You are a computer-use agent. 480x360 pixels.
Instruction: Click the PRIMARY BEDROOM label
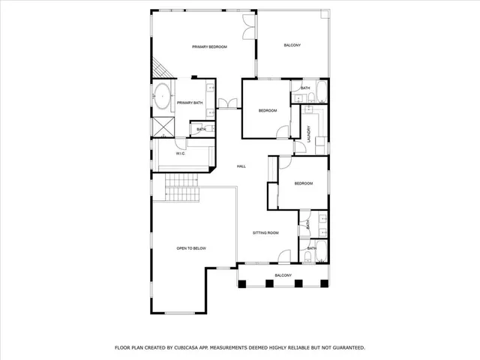pyautogui.click(x=209, y=46)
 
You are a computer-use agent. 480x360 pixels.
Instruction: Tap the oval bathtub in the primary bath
pyautogui.click(x=161, y=95)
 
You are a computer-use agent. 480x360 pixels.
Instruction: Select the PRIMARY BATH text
pyautogui.click(x=190, y=103)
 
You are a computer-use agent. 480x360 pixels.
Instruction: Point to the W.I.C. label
pyautogui.click(x=181, y=154)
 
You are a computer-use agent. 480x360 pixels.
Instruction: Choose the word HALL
pyautogui.click(x=241, y=166)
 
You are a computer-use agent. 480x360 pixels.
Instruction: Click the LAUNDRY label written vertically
pyautogui.click(x=309, y=133)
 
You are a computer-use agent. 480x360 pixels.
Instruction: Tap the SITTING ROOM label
pyautogui.click(x=265, y=232)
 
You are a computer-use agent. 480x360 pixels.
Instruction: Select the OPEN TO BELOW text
pyautogui.click(x=191, y=247)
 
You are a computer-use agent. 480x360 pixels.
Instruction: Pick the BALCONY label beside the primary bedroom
pyautogui.click(x=292, y=46)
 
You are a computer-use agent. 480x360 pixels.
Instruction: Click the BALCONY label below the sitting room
pyautogui.click(x=283, y=275)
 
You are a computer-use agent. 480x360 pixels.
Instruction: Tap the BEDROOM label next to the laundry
pyautogui.click(x=268, y=111)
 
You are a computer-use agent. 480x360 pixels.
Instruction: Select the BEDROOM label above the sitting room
pyautogui.click(x=303, y=184)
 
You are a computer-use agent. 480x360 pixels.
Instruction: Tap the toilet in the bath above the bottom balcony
pyautogui.click(x=309, y=256)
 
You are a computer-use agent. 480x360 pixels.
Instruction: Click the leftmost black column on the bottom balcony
pyautogui.click(x=252, y=283)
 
